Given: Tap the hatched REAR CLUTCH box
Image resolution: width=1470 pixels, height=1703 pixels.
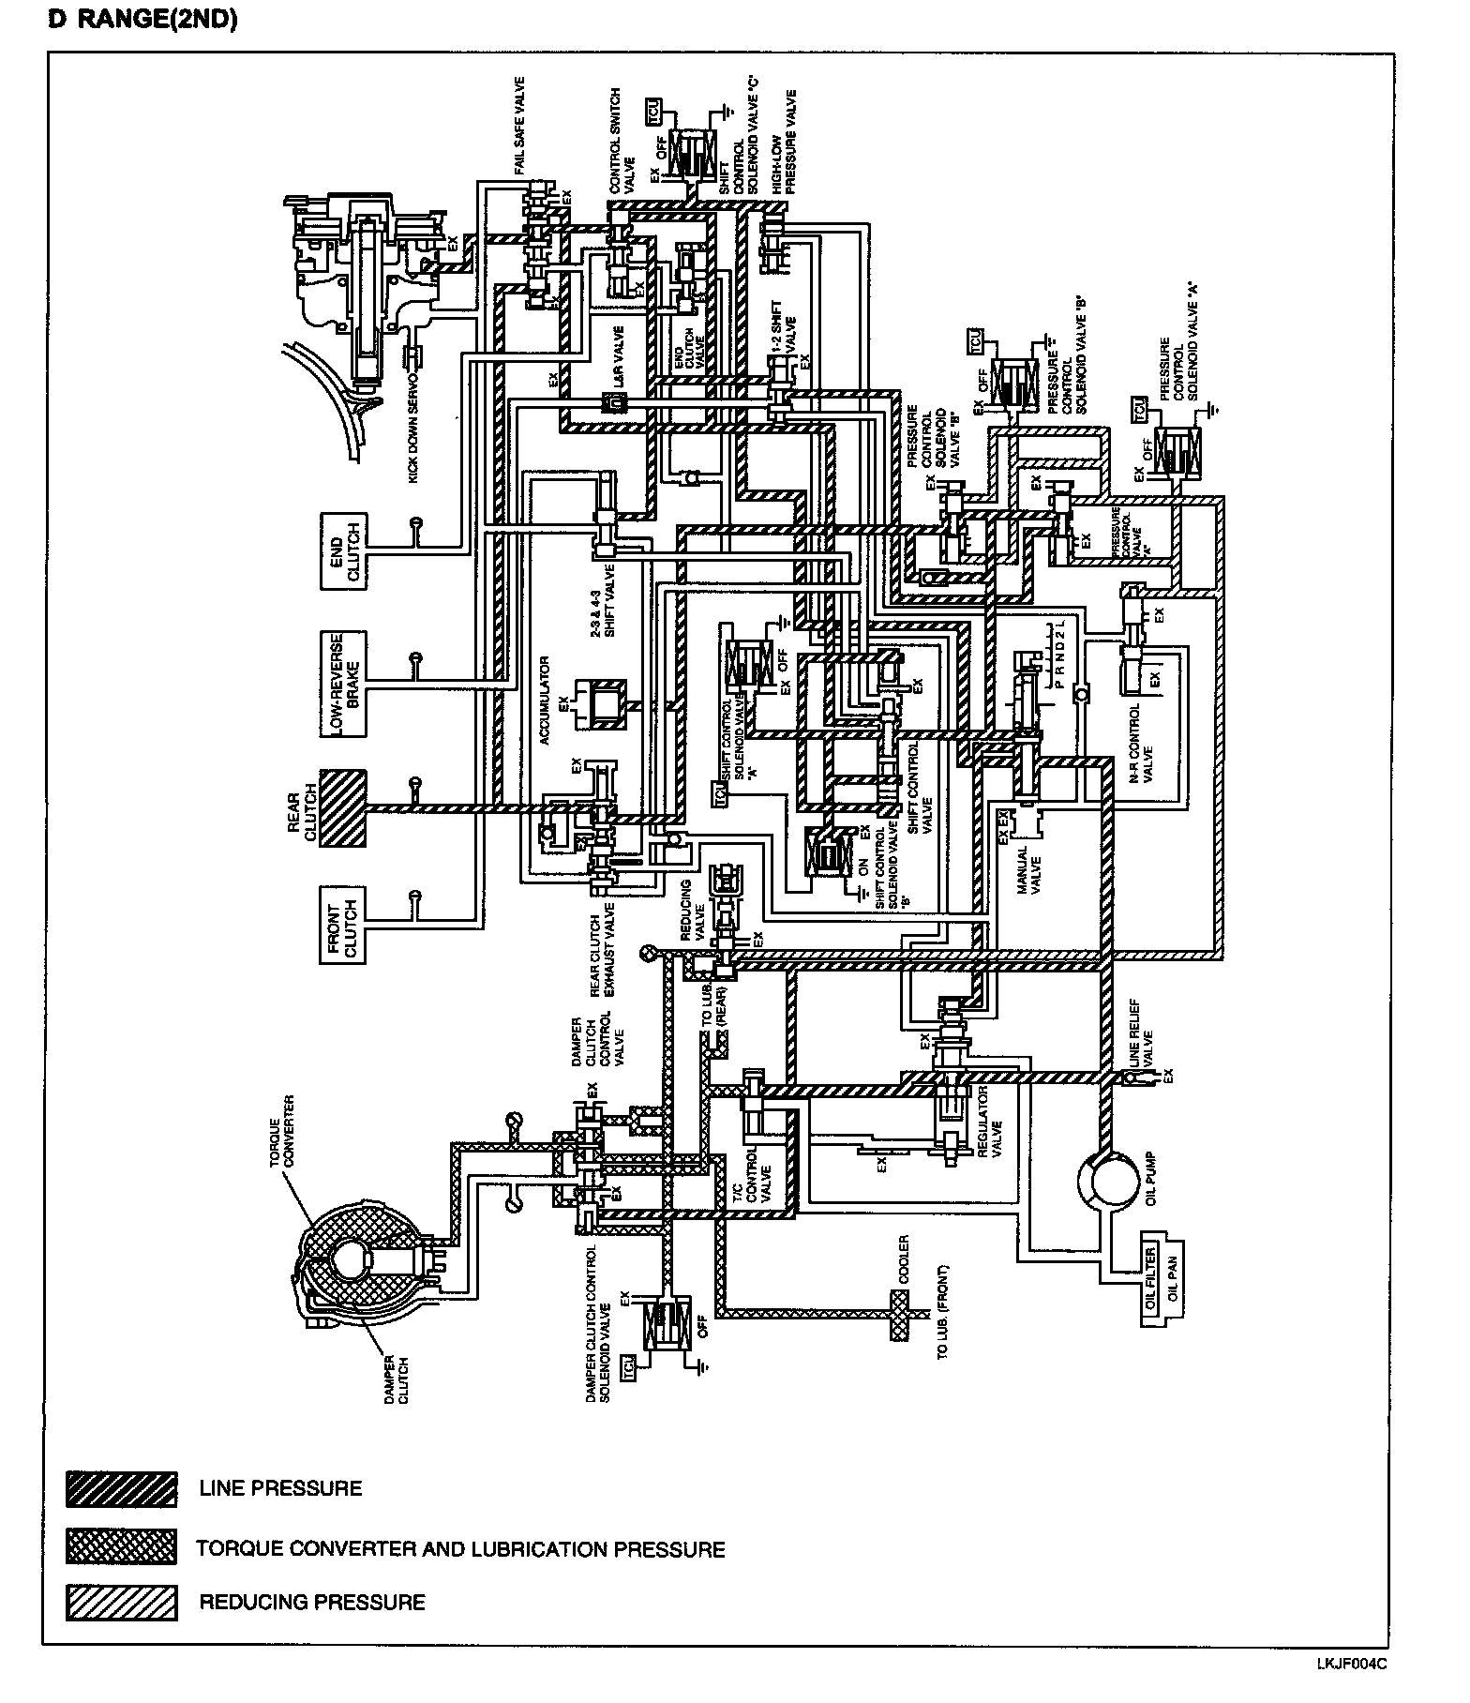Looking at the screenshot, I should [343, 807].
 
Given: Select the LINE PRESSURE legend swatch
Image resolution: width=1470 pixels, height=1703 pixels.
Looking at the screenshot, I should [122, 1488].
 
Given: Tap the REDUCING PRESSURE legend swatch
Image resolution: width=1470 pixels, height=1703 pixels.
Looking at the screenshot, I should [122, 1602].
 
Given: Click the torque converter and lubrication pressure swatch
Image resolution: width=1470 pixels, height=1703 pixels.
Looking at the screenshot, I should [122, 1547].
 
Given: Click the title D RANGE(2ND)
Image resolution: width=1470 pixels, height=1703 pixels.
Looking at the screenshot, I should [142, 20].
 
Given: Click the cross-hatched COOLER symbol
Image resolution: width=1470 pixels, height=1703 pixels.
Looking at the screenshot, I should [899, 1315].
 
